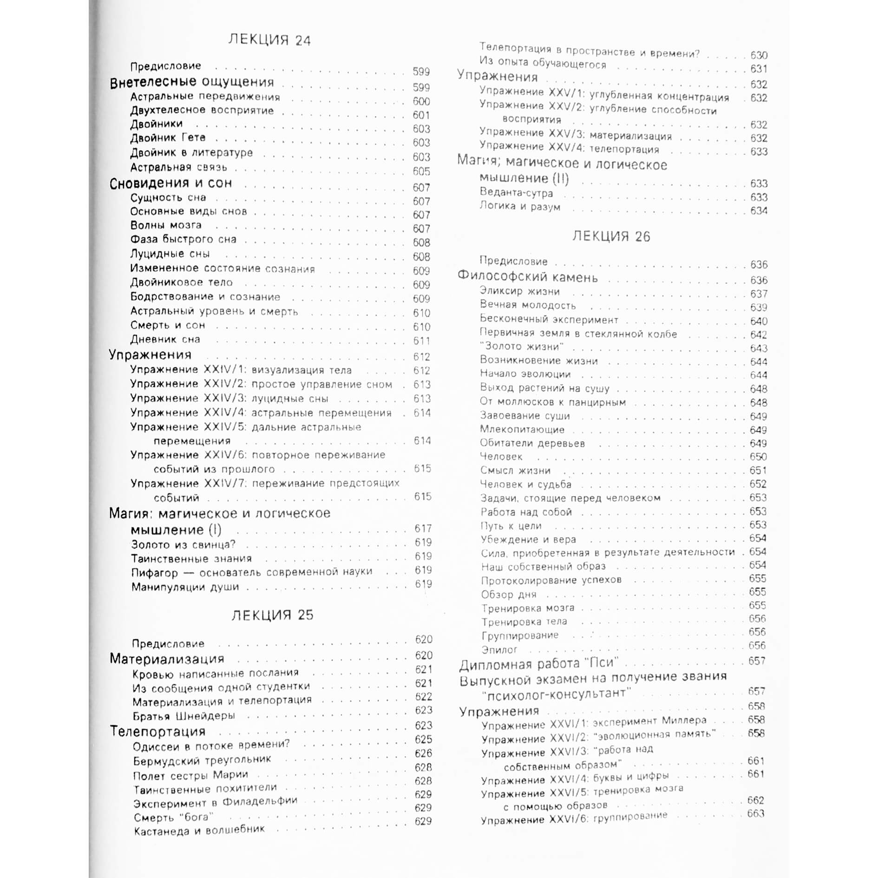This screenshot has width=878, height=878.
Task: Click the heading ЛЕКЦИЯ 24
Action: point(269,40)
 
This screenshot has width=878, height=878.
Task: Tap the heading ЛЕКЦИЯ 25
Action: point(272,615)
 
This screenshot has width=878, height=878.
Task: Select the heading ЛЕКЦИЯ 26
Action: point(611,236)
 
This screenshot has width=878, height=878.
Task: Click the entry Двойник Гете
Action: point(168,138)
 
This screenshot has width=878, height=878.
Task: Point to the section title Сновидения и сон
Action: point(170,183)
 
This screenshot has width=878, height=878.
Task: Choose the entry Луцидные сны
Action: point(170,254)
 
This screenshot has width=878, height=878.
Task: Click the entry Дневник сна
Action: point(165,340)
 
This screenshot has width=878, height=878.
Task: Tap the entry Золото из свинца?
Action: point(183,544)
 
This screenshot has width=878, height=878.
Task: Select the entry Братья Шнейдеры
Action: point(183,716)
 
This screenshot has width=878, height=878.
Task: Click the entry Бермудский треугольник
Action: point(202,760)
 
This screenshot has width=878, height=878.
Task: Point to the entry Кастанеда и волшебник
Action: point(199,830)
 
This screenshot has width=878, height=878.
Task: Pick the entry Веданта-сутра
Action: point(516,193)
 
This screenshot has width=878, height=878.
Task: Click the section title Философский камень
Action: point(527,277)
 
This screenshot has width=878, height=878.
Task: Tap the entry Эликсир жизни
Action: point(519,292)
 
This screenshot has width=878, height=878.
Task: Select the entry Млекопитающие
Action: point(522,430)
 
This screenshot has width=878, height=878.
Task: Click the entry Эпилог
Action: point(499,649)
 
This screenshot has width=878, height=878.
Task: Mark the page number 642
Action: point(759,335)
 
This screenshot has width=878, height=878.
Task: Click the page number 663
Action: point(756,813)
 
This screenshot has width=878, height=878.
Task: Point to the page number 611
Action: point(422,341)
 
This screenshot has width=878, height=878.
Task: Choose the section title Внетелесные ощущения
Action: point(191,82)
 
